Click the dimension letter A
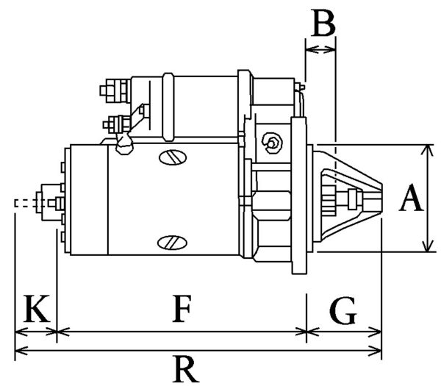tap(412, 199)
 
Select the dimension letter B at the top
tap(321, 24)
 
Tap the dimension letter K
tap(35, 310)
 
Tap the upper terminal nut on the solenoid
tap(108, 91)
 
